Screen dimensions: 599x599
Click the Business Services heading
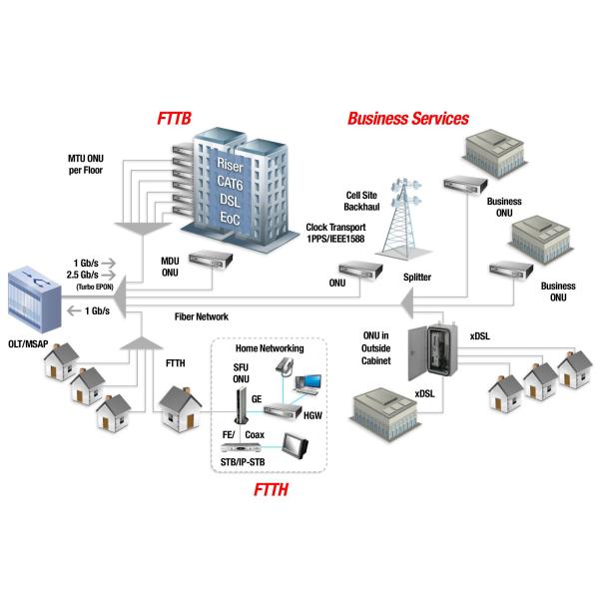tap(407, 119)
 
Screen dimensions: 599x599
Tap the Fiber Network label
tap(202, 316)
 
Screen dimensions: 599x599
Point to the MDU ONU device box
tap(208, 261)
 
